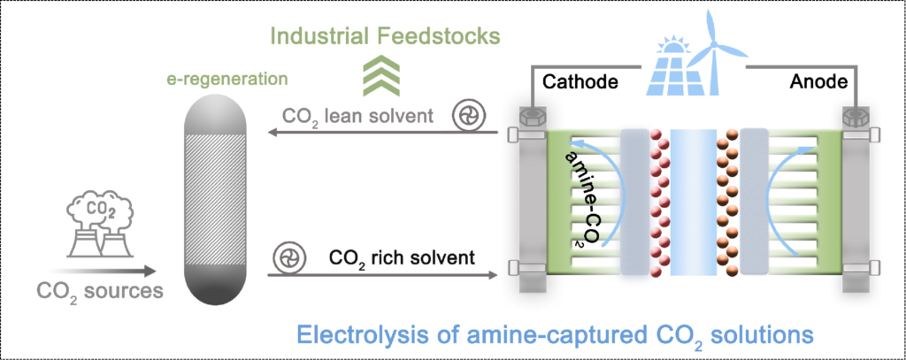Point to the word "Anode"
click(819, 83)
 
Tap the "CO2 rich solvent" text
click(403, 258)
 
